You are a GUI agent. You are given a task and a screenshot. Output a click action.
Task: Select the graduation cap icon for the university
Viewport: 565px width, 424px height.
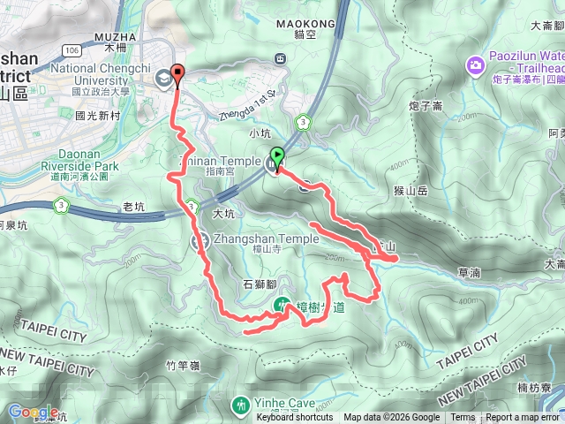point(163,79)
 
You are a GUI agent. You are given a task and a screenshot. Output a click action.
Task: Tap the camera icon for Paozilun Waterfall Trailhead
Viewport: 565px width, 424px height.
point(476,64)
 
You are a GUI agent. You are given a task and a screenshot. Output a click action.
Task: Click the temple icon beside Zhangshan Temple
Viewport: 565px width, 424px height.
point(200,240)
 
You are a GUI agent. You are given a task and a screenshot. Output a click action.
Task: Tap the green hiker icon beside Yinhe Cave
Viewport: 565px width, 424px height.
point(240,405)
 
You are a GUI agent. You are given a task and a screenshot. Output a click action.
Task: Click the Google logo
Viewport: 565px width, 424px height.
point(32,412)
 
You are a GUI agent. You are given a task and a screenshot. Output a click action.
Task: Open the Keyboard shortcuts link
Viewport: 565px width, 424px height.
point(295,418)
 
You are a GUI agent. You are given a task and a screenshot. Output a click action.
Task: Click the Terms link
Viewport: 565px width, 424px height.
point(463,418)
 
